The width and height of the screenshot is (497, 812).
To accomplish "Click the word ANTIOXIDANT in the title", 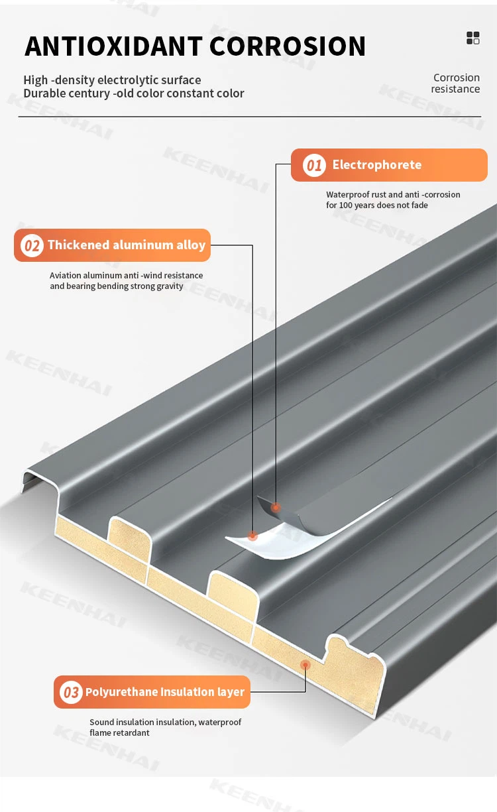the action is [113, 46].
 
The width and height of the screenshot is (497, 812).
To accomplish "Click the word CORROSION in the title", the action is [288, 46].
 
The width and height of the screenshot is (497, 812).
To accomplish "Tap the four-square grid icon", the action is [472, 38].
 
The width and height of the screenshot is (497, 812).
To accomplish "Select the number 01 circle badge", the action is [314, 165].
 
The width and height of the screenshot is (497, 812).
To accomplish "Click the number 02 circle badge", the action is [32, 245].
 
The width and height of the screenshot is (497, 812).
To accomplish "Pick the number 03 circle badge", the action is [71, 692].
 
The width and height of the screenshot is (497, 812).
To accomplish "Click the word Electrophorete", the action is [377, 165].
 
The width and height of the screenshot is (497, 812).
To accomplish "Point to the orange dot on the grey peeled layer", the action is [276, 507].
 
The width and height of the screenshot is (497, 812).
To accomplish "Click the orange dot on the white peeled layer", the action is [252, 535].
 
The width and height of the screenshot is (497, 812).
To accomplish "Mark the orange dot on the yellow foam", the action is [305, 665].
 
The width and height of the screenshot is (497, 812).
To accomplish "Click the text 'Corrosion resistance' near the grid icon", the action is [456, 84].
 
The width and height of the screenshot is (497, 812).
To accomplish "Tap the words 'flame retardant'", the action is [120, 732].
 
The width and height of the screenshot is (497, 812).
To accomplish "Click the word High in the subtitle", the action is [36, 80].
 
